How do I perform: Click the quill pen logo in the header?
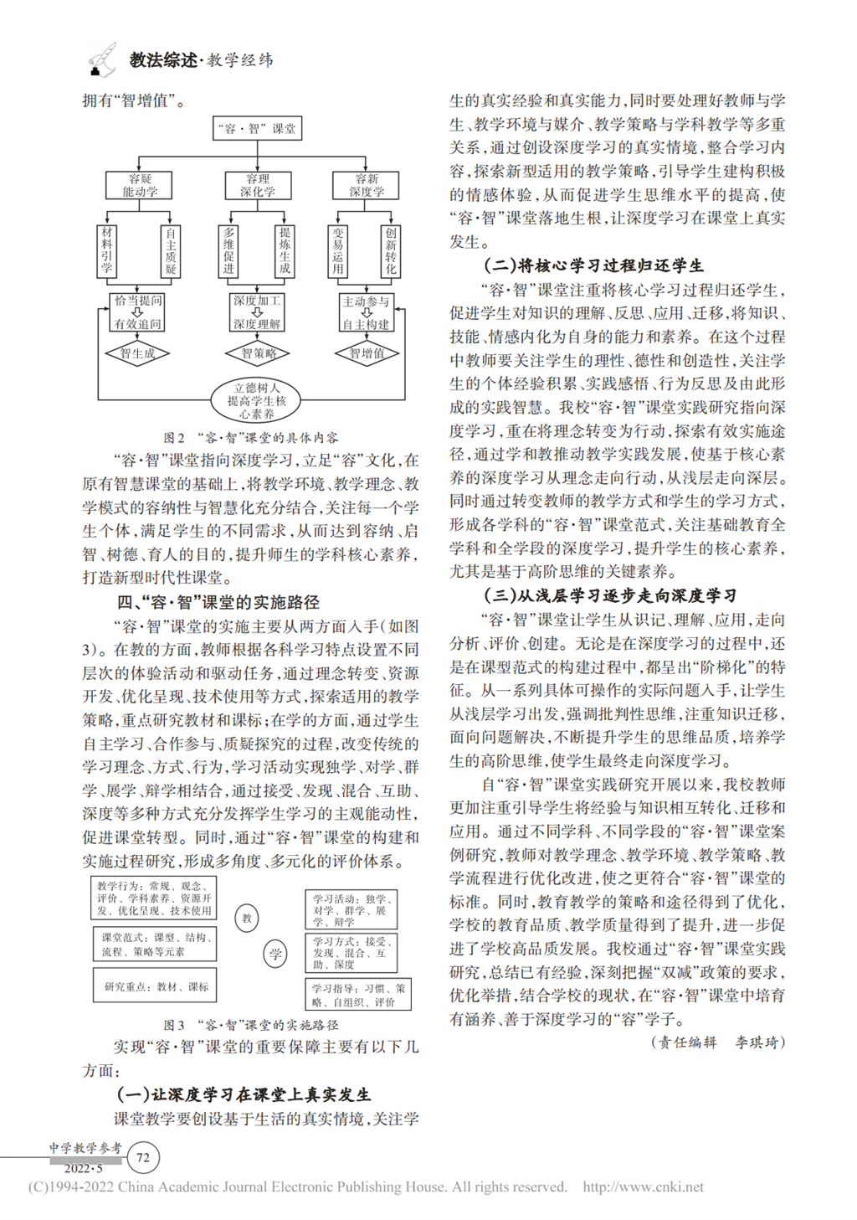pos(102,59)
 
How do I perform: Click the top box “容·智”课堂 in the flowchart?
pos(257,128)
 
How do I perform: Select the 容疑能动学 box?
pos(140,185)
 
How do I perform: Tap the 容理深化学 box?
pos(258,185)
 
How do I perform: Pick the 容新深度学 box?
pos(367,185)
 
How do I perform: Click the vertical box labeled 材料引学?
pos(107,250)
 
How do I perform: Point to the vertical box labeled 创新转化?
pos(391,250)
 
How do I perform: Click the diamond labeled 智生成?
pos(137,353)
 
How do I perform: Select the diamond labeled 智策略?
pos(259,353)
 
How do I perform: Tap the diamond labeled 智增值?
pos(367,353)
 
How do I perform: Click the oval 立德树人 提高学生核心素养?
pos(256,400)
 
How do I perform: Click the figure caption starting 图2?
pos(251,437)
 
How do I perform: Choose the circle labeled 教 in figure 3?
pos(247,918)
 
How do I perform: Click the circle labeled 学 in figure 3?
pos(276,953)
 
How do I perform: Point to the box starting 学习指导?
pos(358,994)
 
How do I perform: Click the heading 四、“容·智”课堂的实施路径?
pos(218,602)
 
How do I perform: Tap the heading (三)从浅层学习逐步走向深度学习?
pos(610,595)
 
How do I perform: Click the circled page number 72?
pos(143,1158)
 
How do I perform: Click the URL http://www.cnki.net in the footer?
pos(643,1187)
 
